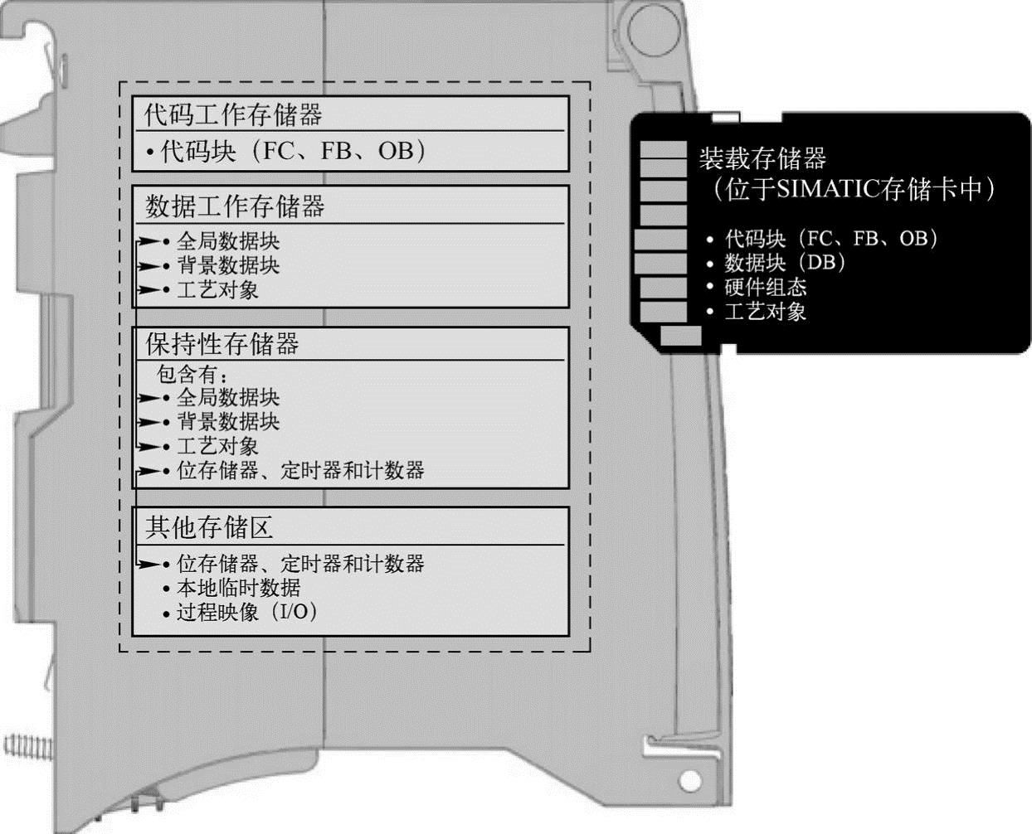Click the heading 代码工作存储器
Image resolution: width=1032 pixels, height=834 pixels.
(x=233, y=114)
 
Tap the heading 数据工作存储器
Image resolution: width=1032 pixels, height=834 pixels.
(x=235, y=206)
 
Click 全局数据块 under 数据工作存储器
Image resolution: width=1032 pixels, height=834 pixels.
(x=228, y=241)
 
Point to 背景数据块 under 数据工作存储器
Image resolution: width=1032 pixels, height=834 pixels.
(x=228, y=265)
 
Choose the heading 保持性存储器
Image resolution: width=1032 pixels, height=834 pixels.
(x=222, y=344)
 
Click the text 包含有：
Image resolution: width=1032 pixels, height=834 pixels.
(x=192, y=375)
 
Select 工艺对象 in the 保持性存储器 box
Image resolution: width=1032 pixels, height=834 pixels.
(x=217, y=446)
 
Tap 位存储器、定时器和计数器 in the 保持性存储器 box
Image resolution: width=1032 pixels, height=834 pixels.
(x=300, y=471)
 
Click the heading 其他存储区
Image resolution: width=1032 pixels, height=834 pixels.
(x=209, y=527)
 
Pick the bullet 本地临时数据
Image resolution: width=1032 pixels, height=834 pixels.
(x=238, y=588)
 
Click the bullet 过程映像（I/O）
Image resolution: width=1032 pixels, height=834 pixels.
(x=246, y=613)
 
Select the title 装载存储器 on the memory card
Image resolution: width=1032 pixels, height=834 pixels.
(x=762, y=158)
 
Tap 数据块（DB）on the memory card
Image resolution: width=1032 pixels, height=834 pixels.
(x=785, y=263)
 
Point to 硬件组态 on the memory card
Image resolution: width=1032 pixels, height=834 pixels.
(x=765, y=287)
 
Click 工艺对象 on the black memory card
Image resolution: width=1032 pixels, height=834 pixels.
(x=765, y=312)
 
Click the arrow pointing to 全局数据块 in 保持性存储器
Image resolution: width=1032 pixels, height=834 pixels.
(x=149, y=398)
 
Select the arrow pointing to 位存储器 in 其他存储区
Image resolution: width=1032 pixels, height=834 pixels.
(x=149, y=565)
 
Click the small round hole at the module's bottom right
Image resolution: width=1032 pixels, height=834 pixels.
(x=689, y=780)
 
